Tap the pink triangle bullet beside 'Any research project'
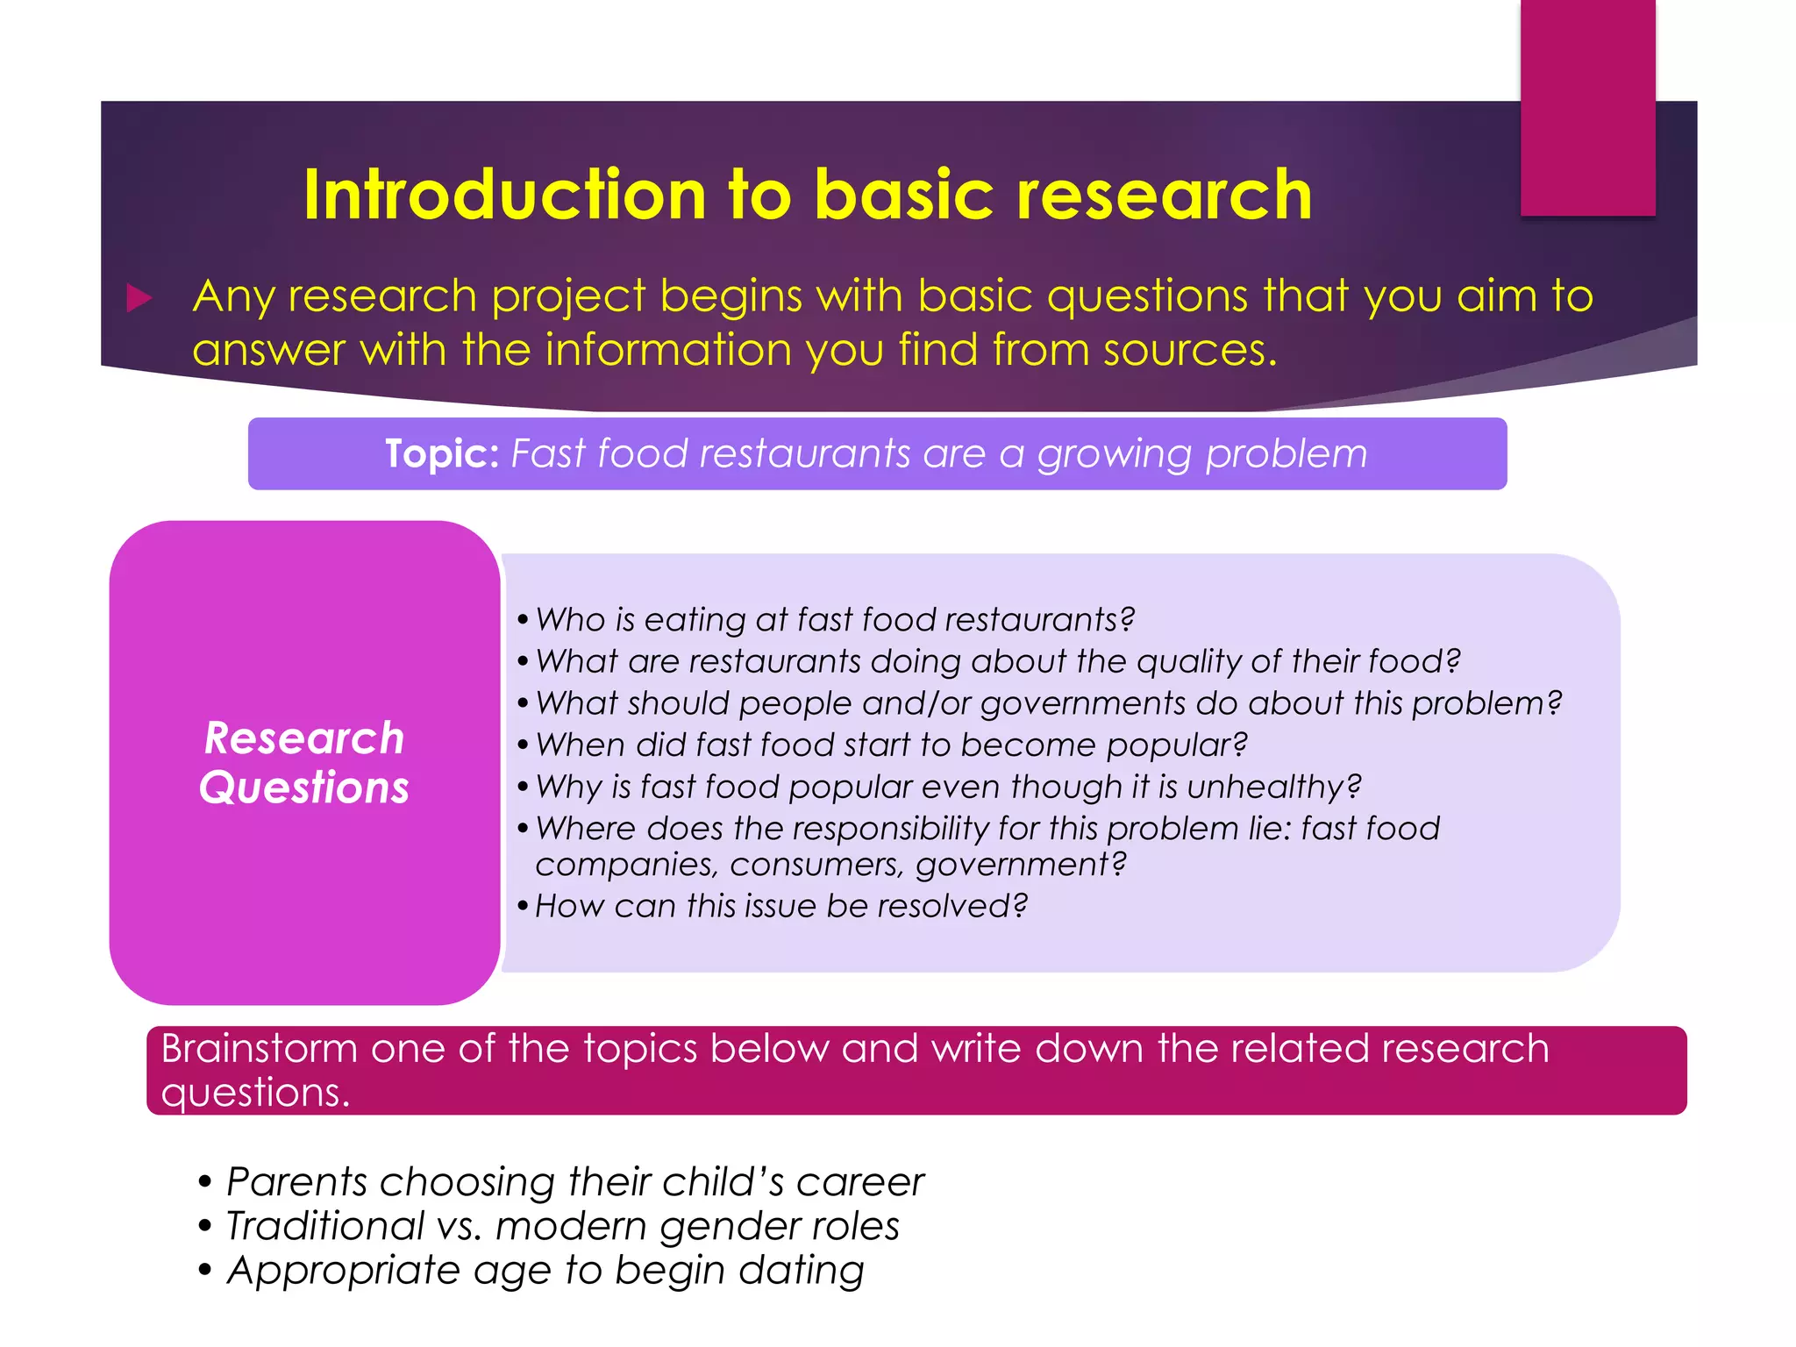click(x=139, y=298)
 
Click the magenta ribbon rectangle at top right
click(x=1587, y=107)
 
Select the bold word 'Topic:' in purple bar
click(x=442, y=454)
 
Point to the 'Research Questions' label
click(x=304, y=762)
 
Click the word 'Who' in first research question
click(x=570, y=620)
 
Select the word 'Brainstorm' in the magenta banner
click(x=260, y=1049)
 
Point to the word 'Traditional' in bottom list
click(x=324, y=1226)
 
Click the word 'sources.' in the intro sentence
click(x=1189, y=350)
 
